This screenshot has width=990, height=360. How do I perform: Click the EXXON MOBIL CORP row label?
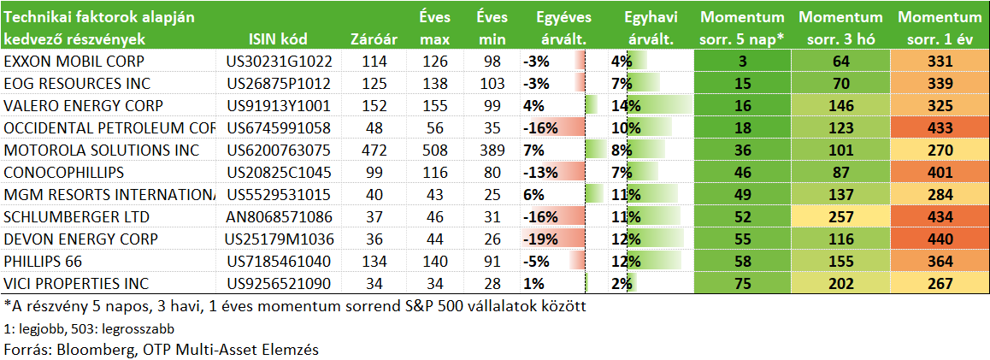tap(74, 62)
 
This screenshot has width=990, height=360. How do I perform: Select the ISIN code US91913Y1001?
tap(278, 105)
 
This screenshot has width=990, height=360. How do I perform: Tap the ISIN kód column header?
tap(278, 39)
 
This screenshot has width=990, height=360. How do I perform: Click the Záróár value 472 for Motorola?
tap(374, 150)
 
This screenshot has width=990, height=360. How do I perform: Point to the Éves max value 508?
tap(435, 150)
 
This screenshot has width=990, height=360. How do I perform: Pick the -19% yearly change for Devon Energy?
tap(540, 239)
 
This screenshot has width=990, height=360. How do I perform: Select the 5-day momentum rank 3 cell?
tap(742, 62)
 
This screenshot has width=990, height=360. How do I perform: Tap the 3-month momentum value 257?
tap(840, 217)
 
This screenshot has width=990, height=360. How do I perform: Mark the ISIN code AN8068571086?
tap(278, 217)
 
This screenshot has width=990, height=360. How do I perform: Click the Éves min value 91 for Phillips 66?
tap(492, 262)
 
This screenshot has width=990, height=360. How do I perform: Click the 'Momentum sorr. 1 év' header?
tap(940, 27)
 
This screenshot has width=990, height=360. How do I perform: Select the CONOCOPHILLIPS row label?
tap(64, 173)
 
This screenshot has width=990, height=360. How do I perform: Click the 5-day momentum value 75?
tap(742, 284)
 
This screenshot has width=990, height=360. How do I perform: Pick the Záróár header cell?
tap(374, 39)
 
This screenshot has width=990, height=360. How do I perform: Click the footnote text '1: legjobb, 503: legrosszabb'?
tap(88, 329)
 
